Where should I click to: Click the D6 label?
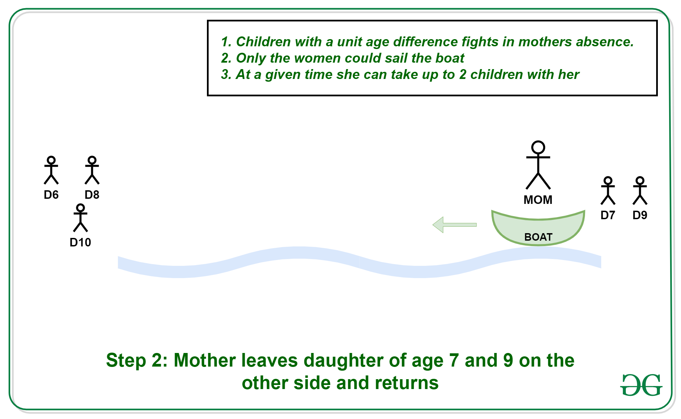(51, 195)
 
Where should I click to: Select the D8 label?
(92, 195)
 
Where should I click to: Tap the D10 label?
(80, 242)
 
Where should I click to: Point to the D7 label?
(608, 215)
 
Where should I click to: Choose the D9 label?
(640, 215)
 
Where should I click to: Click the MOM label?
(538, 200)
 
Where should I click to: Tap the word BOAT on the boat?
(538, 237)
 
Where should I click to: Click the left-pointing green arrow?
(455, 225)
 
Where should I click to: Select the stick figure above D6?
(51, 170)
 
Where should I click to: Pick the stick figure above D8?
(92, 170)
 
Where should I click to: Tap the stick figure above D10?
(80, 218)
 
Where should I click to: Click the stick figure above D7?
(608, 191)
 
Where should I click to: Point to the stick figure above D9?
(640, 191)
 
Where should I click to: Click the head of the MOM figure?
(538, 147)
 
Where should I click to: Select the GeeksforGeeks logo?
(641, 385)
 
